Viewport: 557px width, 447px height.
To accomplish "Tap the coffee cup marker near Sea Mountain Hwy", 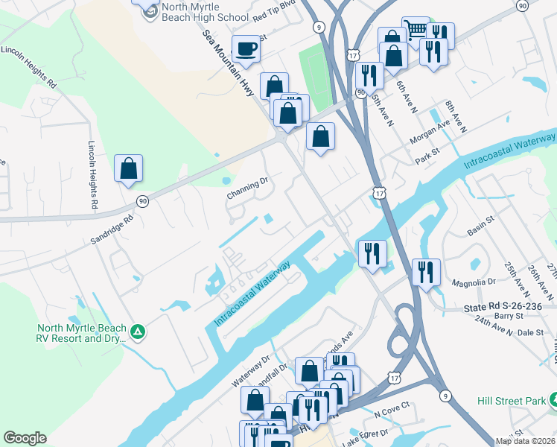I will coord(246,49).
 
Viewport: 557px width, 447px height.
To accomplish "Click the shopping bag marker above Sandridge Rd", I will coord(128,168).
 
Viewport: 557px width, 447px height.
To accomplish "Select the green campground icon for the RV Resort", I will coord(137,332).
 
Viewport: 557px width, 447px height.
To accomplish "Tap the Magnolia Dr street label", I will coord(474,282).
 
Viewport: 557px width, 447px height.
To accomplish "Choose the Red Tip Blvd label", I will coord(274,12).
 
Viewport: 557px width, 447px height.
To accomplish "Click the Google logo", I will coord(25,438).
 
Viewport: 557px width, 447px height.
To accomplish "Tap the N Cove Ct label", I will coord(392,409).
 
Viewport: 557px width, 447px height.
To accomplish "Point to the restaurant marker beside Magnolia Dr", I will coord(425,272).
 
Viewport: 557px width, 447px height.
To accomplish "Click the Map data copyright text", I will coord(524,441).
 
